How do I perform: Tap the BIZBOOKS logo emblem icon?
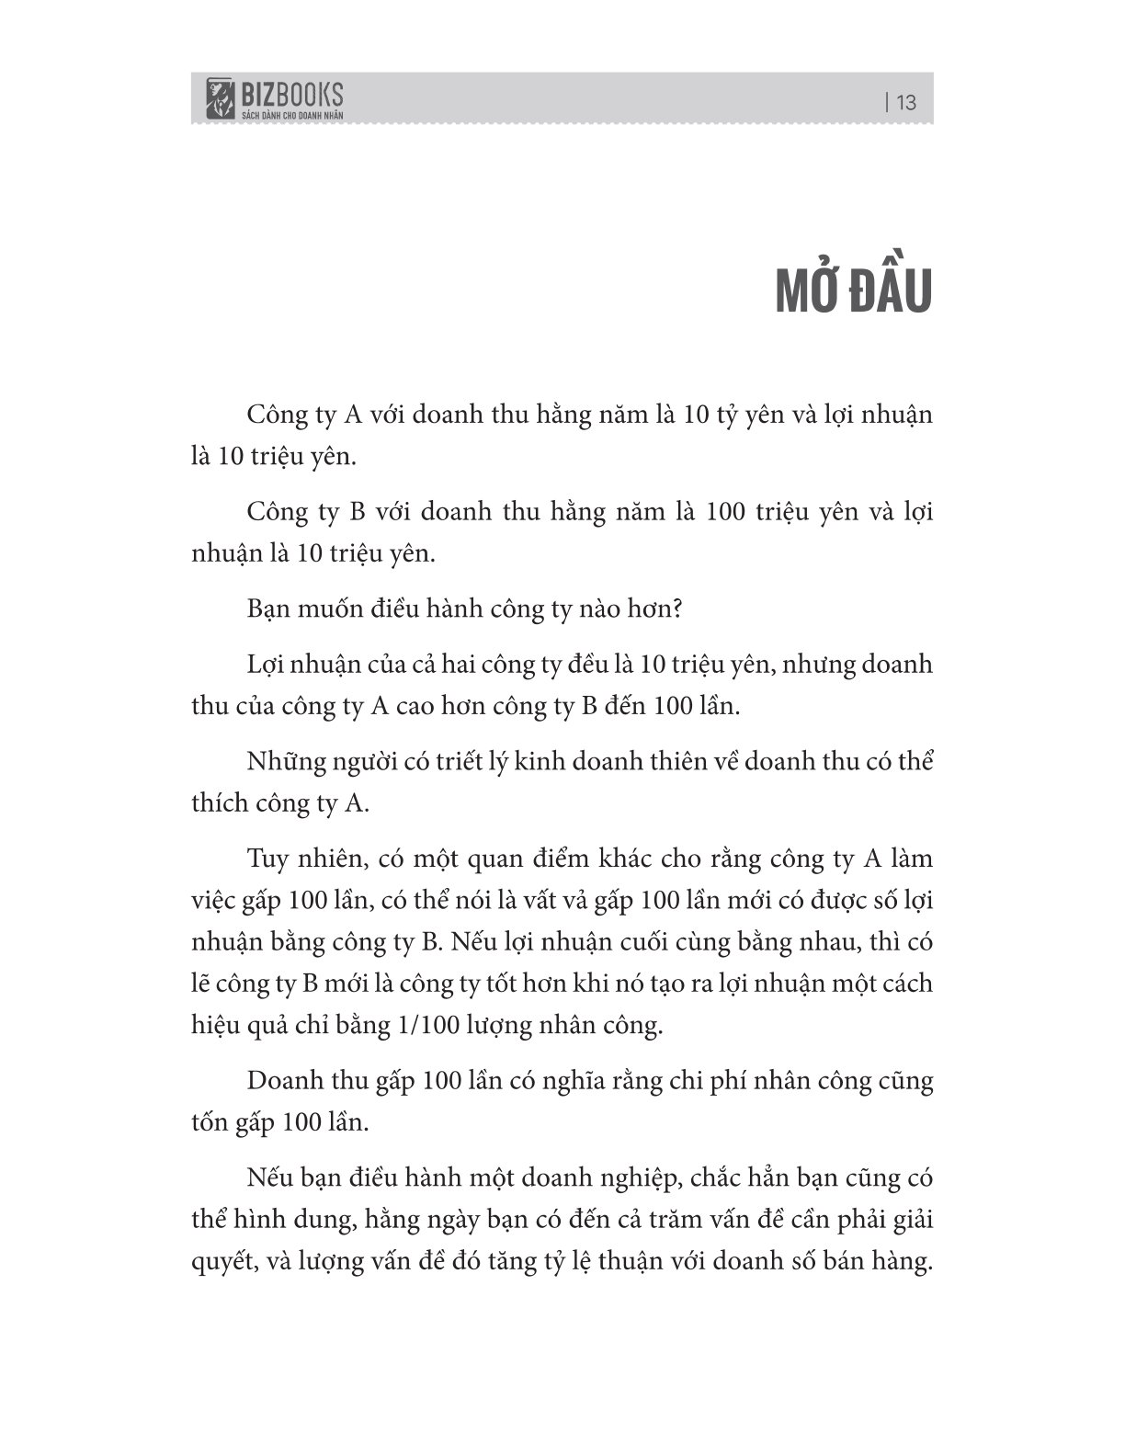(x=219, y=98)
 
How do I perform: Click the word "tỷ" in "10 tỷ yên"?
(x=745, y=415)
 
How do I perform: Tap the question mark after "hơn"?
(x=676, y=609)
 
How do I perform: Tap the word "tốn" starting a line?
(x=209, y=1123)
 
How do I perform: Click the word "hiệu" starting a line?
(x=213, y=1026)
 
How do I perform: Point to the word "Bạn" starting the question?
(x=271, y=609)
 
